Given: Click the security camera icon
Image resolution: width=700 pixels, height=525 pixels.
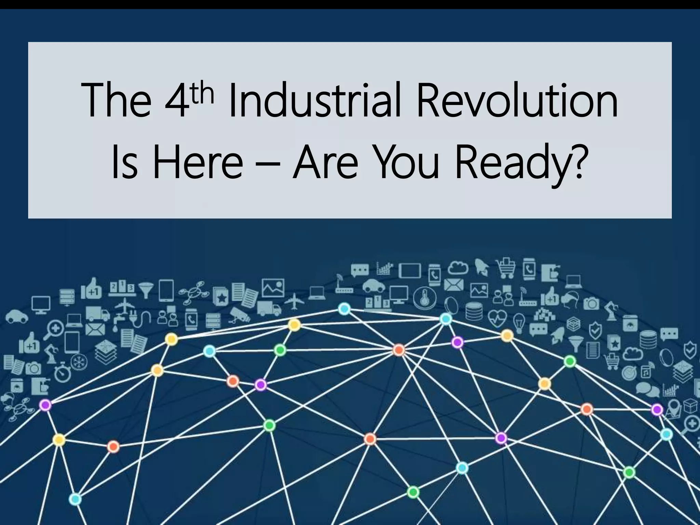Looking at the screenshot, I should coord(239,314).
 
